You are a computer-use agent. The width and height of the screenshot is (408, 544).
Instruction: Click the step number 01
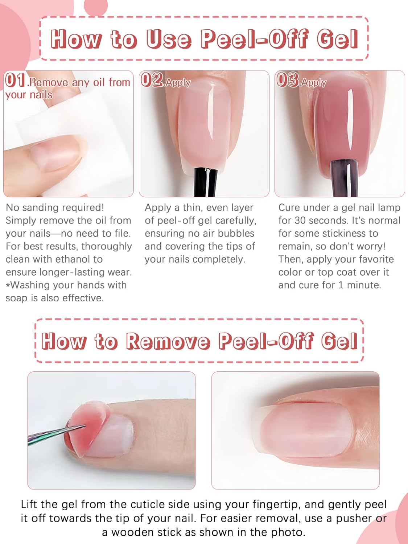(x=15, y=80)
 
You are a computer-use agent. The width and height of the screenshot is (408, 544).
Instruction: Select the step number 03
(x=287, y=80)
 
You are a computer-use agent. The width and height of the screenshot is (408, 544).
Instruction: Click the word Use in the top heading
(x=169, y=39)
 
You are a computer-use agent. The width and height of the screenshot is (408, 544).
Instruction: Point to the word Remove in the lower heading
(x=168, y=341)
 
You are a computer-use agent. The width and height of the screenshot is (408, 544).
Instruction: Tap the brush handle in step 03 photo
(x=345, y=178)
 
